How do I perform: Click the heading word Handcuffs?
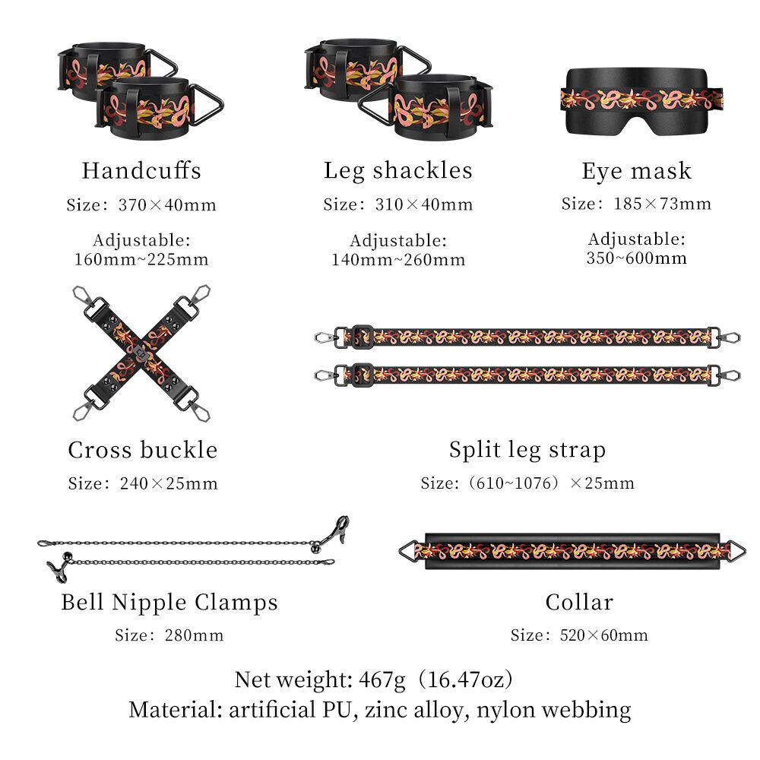coord(141,170)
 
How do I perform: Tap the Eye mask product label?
coord(636,171)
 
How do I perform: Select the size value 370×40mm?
coord(167,205)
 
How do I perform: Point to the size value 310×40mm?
coord(424,204)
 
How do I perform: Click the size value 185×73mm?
coord(663,204)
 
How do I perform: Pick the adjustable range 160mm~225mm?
coord(141,259)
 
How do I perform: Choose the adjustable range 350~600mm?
coord(636,258)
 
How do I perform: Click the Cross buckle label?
coord(143,450)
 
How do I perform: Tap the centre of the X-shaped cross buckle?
coord(141,353)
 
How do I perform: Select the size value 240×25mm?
coord(169,483)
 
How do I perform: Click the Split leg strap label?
coord(527,450)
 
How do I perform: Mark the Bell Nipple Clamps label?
coord(169,603)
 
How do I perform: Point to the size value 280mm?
coord(194,635)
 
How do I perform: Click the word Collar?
coord(579,602)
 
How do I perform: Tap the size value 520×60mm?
coord(604,635)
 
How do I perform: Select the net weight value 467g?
coord(382,679)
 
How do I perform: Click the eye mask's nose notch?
coord(635,127)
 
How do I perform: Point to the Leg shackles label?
coord(398,170)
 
